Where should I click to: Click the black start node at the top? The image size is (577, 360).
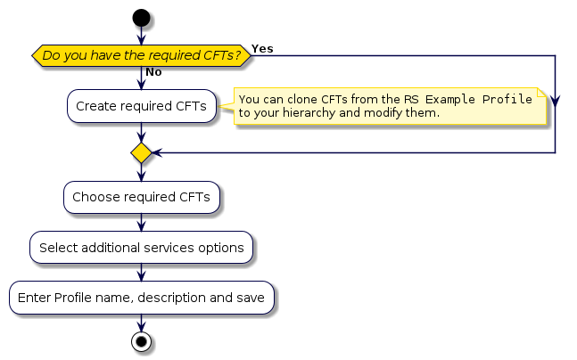[140, 18]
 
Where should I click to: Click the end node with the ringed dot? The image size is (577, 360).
[140, 341]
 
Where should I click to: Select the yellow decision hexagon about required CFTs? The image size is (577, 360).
[142, 56]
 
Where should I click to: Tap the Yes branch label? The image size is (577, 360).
[262, 46]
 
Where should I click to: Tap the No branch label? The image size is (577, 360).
[153, 72]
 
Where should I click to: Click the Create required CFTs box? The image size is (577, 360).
[141, 106]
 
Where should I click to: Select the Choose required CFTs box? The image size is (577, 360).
[141, 197]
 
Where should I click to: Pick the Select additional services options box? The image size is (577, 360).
[141, 247]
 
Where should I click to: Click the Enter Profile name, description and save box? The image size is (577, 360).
[141, 297]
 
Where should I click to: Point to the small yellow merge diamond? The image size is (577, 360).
[141, 153]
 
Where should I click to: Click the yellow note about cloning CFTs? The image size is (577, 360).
[389, 106]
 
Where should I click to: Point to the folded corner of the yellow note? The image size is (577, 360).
[540, 92]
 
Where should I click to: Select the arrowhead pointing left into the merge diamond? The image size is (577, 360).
[157, 153]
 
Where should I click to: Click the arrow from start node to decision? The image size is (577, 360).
[140, 36]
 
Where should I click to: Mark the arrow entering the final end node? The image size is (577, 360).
[140, 323]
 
